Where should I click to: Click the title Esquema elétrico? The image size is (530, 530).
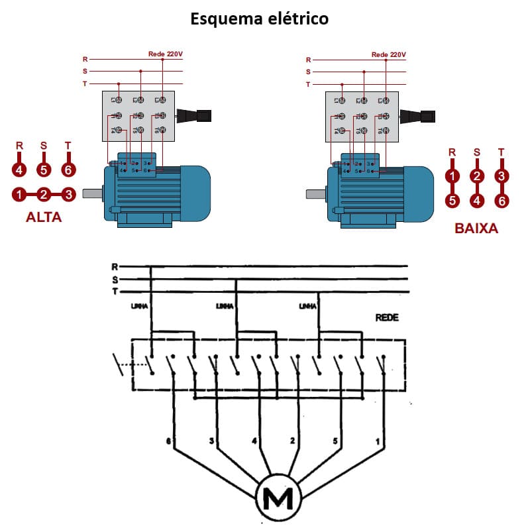[x=260, y=18]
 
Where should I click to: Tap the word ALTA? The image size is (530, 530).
[x=44, y=217]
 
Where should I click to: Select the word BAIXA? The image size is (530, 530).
[x=476, y=229]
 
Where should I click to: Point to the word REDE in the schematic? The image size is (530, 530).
[x=387, y=318]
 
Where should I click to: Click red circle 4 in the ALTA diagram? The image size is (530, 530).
[x=19, y=170]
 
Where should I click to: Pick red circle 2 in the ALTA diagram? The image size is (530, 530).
[x=44, y=195]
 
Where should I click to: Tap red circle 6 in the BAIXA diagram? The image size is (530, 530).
[x=502, y=200]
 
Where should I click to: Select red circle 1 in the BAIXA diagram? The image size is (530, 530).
[x=452, y=176]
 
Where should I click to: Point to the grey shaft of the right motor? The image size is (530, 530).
[x=315, y=195]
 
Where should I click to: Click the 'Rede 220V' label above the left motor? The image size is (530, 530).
[x=164, y=54]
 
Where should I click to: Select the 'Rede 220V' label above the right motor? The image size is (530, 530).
[x=388, y=54]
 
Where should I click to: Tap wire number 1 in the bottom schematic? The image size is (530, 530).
[x=378, y=440]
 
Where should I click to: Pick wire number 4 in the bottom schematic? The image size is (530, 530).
[x=254, y=440]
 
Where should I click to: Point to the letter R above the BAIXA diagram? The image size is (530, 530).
[x=452, y=152]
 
